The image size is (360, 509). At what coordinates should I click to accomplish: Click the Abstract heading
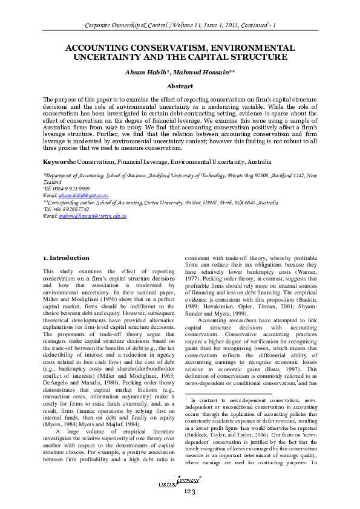(180, 86)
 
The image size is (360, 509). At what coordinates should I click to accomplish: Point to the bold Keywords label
(59, 163)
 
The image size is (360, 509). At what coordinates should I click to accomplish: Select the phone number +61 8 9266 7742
(72, 209)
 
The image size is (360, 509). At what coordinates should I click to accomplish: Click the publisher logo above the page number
(180, 479)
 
